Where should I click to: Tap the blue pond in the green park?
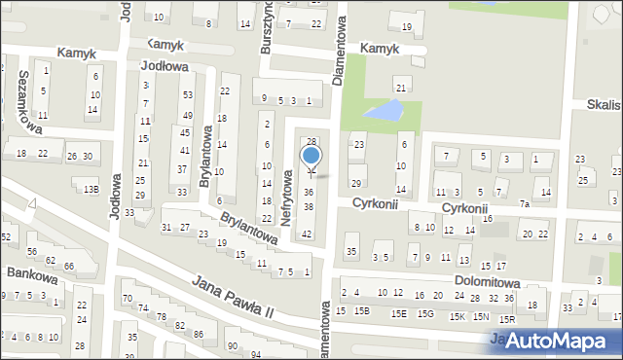tap(387, 111)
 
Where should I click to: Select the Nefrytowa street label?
tap(287, 196)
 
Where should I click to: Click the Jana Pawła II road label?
tap(234, 299)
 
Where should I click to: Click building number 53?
tap(187, 95)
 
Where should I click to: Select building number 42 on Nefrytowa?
tap(307, 234)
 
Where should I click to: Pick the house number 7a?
tap(524, 204)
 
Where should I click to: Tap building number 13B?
tap(91, 190)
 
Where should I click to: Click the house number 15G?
tap(425, 313)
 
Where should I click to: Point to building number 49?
tap(187, 116)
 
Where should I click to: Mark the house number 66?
tap(68, 266)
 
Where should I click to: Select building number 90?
tap(232, 345)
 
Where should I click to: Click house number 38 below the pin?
tap(309, 207)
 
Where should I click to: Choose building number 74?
tap(143, 307)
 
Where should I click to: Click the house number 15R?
tap(506, 319)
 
